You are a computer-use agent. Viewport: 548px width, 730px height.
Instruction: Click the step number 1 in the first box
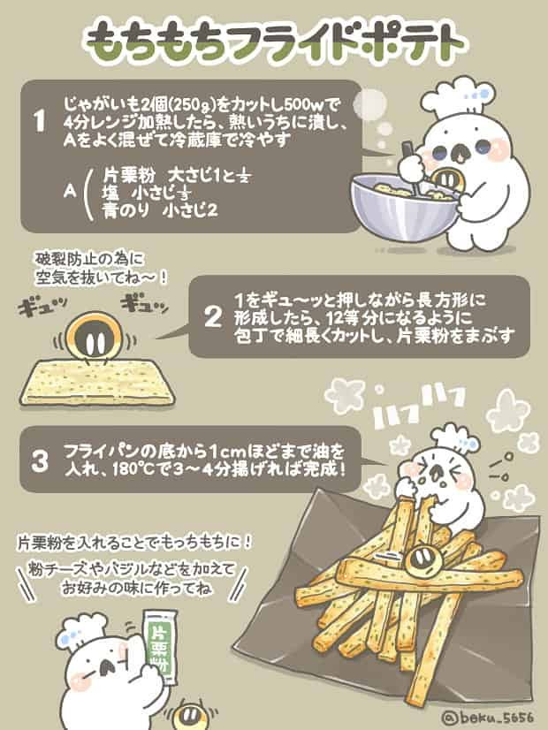[x=39, y=122]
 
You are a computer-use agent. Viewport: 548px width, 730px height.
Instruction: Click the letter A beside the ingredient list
[x=69, y=188]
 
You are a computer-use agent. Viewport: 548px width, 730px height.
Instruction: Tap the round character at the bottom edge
[x=189, y=713]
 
